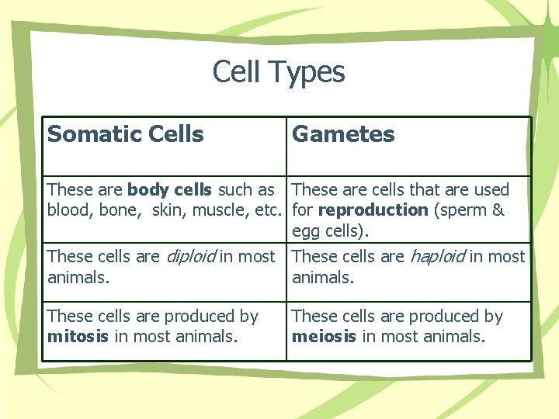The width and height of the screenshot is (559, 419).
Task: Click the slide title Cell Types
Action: point(279,72)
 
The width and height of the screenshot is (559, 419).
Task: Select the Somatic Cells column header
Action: point(125,134)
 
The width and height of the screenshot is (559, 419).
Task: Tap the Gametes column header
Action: point(343,134)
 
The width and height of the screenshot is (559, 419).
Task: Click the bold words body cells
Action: point(170,189)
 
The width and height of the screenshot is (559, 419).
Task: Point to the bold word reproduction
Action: point(373,210)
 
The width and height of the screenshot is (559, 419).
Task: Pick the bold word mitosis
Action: point(78,337)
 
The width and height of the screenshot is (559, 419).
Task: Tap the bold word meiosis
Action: point(324,337)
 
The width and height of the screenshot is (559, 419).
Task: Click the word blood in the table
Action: point(68,210)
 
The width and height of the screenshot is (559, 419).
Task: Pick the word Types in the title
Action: point(308,72)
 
